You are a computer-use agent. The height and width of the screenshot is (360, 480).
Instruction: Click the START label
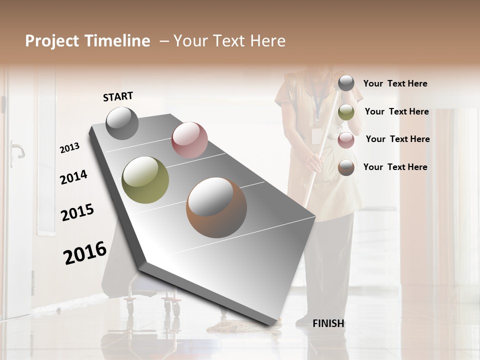coord(118,96)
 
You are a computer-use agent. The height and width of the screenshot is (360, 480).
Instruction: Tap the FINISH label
coord(328,323)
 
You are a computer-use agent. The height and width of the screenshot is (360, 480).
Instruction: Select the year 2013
coord(69,148)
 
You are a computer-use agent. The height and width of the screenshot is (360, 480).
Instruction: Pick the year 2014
coord(73,177)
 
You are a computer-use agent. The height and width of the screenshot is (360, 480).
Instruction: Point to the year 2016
coord(85,252)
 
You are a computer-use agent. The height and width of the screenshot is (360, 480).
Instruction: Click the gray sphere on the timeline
coord(122,123)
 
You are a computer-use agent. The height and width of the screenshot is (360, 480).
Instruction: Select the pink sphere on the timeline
coord(189,140)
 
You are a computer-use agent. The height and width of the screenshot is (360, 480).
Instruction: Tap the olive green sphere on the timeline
coord(145,180)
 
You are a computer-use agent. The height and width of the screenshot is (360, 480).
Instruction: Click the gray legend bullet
coord(346,83)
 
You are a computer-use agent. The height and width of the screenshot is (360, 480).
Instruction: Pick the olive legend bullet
coord(346,112)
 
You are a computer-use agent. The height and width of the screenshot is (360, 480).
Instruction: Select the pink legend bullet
coord(346,140)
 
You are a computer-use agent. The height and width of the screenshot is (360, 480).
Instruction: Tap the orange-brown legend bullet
coord(346,167)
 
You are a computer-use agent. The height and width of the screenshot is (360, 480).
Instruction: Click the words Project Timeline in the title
coord(87,41)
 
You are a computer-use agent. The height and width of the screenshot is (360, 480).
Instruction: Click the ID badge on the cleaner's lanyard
coord(316,135)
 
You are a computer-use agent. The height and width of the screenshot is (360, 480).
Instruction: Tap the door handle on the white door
coord(16,150)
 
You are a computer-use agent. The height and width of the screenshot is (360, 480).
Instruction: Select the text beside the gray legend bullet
coord(395,84)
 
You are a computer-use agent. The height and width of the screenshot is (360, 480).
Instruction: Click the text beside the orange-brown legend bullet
coord(395,167)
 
